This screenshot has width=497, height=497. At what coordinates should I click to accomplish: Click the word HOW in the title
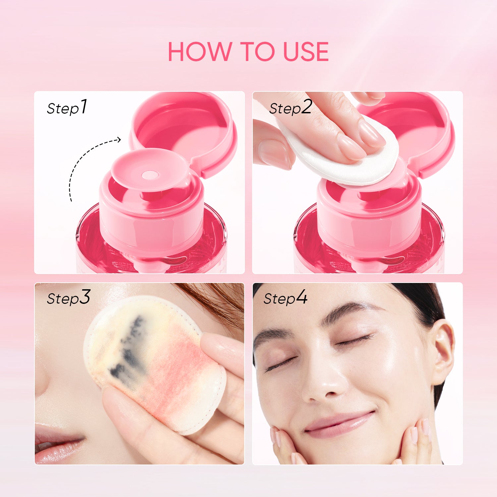point(200,52)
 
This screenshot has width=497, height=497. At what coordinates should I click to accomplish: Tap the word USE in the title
point(306,52)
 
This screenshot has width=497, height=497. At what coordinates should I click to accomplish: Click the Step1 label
point(67,107)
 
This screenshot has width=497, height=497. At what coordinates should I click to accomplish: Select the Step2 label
point(290,107)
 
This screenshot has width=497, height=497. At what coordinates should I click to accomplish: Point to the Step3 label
point(68,297)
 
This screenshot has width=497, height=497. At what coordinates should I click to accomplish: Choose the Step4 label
point(285,297)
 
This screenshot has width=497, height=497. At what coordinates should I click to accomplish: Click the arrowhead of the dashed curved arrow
point(119,140)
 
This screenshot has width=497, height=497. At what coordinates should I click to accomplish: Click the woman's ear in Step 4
point(442,351)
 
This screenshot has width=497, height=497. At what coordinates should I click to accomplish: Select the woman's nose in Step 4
point(323,381)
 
